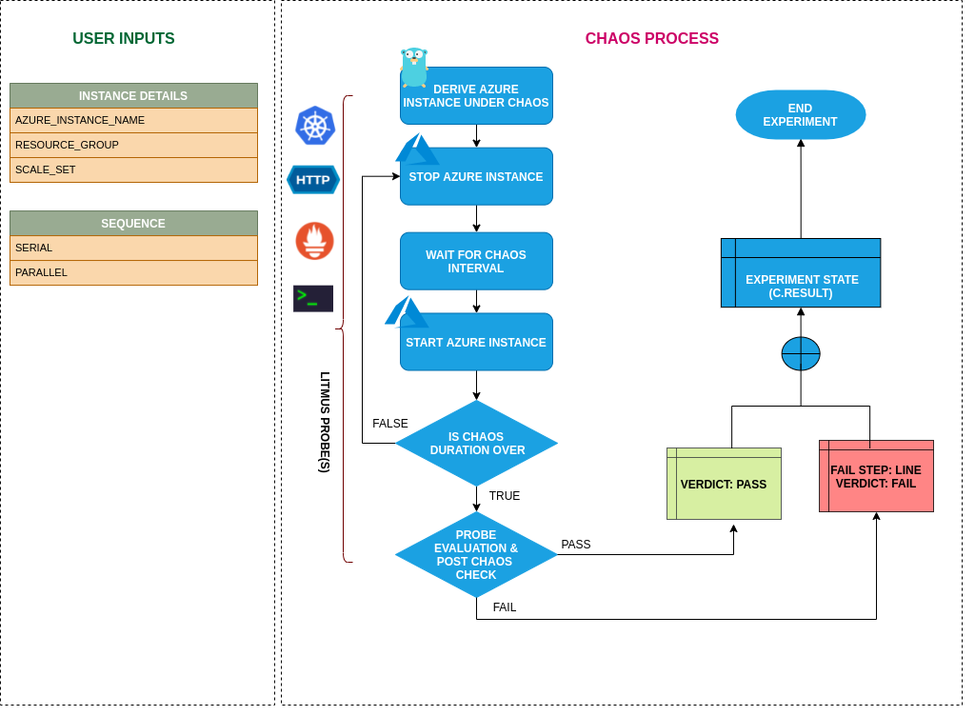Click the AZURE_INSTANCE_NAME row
pyautogui.click(x=133, y=120)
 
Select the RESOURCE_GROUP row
pyautogui.click(x=133, y=145)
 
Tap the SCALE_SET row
pyautogui.click(x=133, y=169)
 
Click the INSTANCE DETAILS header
pyautogui.click(x=133, y=95)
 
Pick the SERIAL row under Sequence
pyautogui.click(x=133, y=248)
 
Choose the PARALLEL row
pyautogui.click(x=133, y=272)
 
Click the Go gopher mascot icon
pyautogui.click(x=414, y=67)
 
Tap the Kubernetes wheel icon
pyautogui.click(x=315, y=126)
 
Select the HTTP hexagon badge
pyautogui.click(x=313, y=179)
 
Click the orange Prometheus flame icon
pyautogui.click(x=314, y=240)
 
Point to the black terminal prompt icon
pyautogui.click(x=313, y=298)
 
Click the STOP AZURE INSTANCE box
pyautogui.click(x=476, y=177)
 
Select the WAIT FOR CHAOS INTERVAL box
pyautogui.click(x=476, y=261)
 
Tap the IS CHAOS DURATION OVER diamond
pyautogui.click(x=476, y=444)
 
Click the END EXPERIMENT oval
pyautogui.click(x=800, y=115)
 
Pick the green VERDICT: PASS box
pyautogui.click(x=724, y=484)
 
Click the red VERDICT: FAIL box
pyautogui.click(x=876, y=476)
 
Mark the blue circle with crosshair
pyautogui.click(x=801, y=354)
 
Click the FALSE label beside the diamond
pyautogui.click(x=389, y=424)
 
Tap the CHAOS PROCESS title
pyautogui.click(x=651, y=39)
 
